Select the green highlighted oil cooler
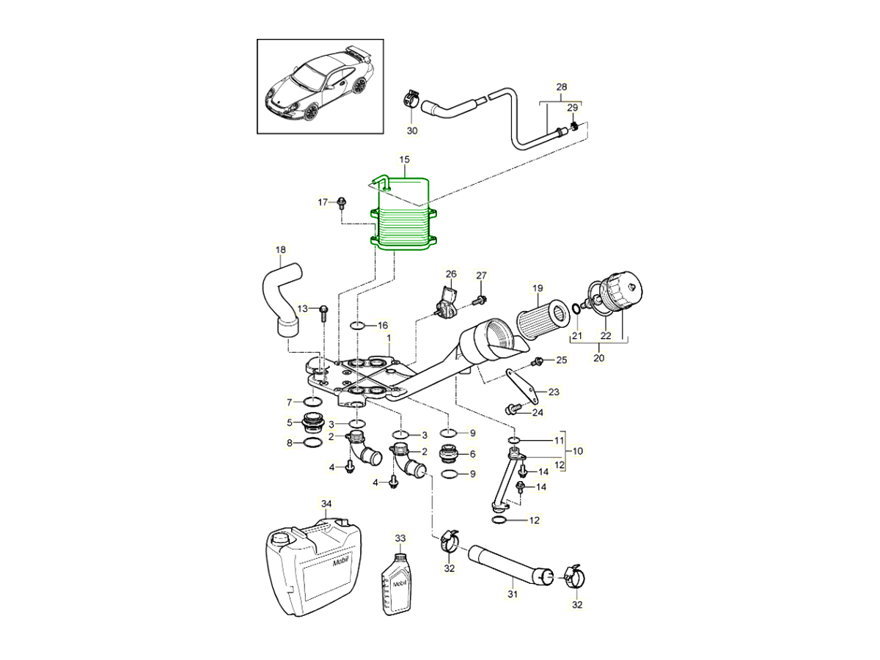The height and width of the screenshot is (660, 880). [x=405, y=220]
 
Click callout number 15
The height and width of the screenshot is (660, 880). [x=404, y=159]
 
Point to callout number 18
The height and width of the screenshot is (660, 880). [x=280, y=250]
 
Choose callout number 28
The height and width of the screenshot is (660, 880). [x=562, y=87]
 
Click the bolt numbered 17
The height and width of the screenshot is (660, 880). [x=342, y=203]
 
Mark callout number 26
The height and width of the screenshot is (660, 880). [x=451, y=274]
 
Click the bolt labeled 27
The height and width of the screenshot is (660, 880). [x=480, y=298]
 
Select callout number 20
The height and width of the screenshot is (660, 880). [x=598, y=359]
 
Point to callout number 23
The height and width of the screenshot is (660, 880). [x=554, y=392]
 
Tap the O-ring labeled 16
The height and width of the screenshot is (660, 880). [x=357, y=325]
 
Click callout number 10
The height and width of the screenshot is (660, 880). [x=578, y=451]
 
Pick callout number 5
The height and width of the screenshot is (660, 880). [x=290, y=422]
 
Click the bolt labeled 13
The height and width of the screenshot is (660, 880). [x=323, y=312]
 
